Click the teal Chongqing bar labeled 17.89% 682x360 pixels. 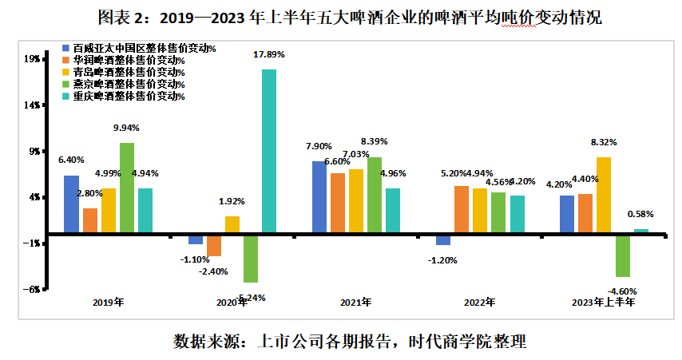268,152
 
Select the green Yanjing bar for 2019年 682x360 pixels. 126,188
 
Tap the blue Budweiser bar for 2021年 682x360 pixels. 319,197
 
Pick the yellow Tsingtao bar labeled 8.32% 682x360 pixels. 604,195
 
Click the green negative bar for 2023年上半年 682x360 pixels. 622,255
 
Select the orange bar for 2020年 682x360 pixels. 214,245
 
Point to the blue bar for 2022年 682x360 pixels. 443,239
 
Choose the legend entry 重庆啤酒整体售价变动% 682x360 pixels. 128,97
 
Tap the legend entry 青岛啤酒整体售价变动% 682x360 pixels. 128,73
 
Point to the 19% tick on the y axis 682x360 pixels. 32,58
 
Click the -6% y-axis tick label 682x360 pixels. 31,290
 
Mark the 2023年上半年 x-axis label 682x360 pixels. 603,303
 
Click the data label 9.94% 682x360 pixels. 126,128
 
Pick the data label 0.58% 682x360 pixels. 641,214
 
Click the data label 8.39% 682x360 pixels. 374,141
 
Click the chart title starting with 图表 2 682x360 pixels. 340,16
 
